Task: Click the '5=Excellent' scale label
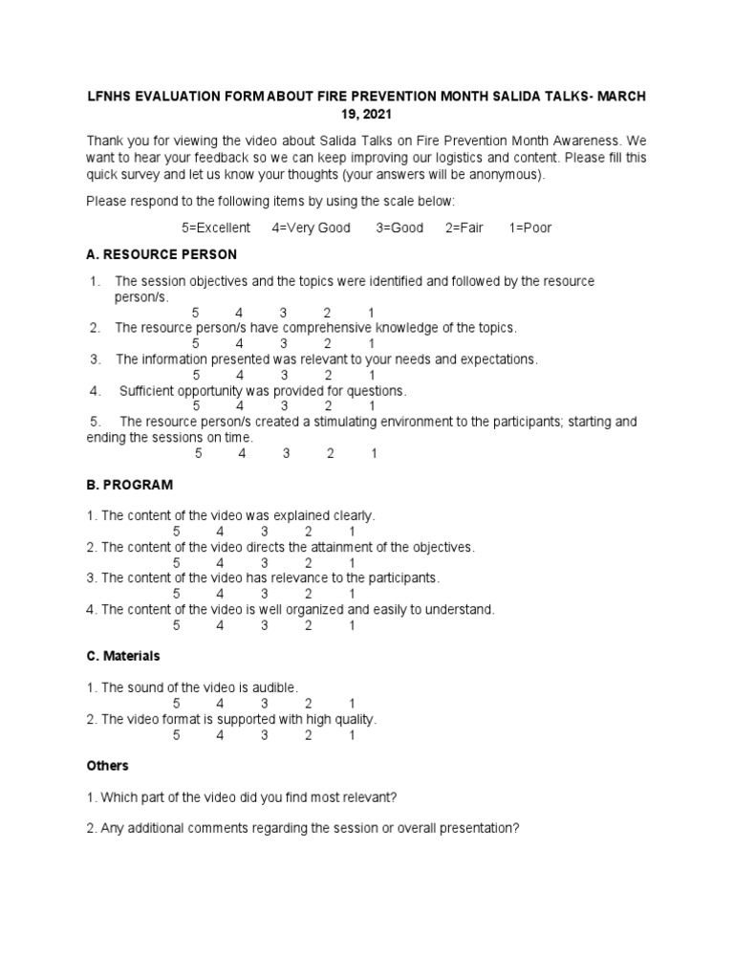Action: tap(216, 228)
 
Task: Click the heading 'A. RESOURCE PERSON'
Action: tap(162, 255)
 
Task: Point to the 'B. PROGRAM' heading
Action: tap(129, 485)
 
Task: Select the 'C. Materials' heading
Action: tap(123, 656)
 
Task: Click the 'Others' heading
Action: tap(107, 766)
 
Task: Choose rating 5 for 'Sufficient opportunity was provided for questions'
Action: tap(196, 406)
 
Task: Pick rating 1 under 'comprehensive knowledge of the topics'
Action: tap(372, 343)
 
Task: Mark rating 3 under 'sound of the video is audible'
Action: tap(265, 704)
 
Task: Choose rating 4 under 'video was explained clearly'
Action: tap(221, 532)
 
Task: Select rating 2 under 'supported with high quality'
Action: tap(309, 735)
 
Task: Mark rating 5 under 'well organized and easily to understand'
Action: tap(177, 625)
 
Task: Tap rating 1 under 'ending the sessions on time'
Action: tap(375, 454)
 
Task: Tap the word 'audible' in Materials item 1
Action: tap(275, 687)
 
